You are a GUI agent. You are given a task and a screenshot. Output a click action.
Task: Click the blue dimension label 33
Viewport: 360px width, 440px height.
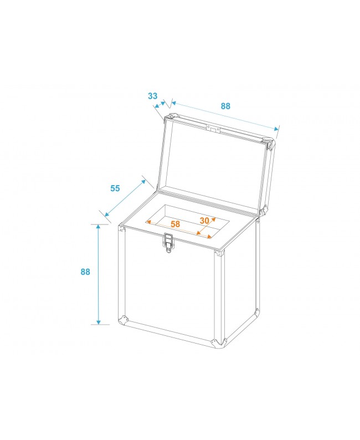click(x=152, y=96)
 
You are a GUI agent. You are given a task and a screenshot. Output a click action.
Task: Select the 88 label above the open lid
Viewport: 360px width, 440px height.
click(x=225, y=106)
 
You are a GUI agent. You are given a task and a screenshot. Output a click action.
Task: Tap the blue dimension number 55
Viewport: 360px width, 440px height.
click(x=115, y=188)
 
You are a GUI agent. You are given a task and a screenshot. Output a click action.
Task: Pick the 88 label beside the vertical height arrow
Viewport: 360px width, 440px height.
click(x=85, y=272)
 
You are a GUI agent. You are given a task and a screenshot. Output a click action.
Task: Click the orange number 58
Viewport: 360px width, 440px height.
click(x=175, y=224)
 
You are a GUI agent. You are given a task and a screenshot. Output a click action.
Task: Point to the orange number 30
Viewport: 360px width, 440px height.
click(x=204, y=220)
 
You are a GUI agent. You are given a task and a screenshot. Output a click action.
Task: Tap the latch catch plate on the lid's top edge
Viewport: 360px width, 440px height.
click(x=213, y=129)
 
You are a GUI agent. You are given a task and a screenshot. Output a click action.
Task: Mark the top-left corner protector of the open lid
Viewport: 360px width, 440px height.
click(x=171, y=118)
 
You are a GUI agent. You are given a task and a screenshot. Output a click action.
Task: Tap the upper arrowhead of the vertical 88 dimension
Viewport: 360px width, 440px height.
click(x=99, y=227)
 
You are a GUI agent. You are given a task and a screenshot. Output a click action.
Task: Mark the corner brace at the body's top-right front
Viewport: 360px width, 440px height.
click(x=220, y=254)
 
